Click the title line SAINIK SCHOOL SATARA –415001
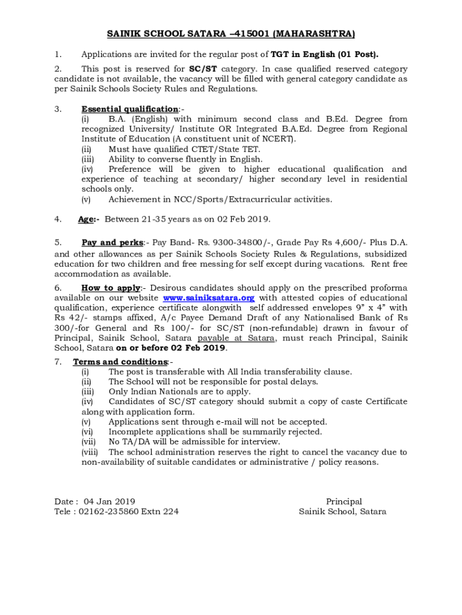point(231,33)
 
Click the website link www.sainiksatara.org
point(209,298)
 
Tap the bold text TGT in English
point(303,55)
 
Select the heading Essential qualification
point(129,109)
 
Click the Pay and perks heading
point(112,243)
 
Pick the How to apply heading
point(110,288)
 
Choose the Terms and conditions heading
point(120,362)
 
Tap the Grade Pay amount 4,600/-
point(340,243)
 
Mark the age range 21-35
point(175,219)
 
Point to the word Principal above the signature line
point(344,501)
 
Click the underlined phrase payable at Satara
point(236,338)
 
